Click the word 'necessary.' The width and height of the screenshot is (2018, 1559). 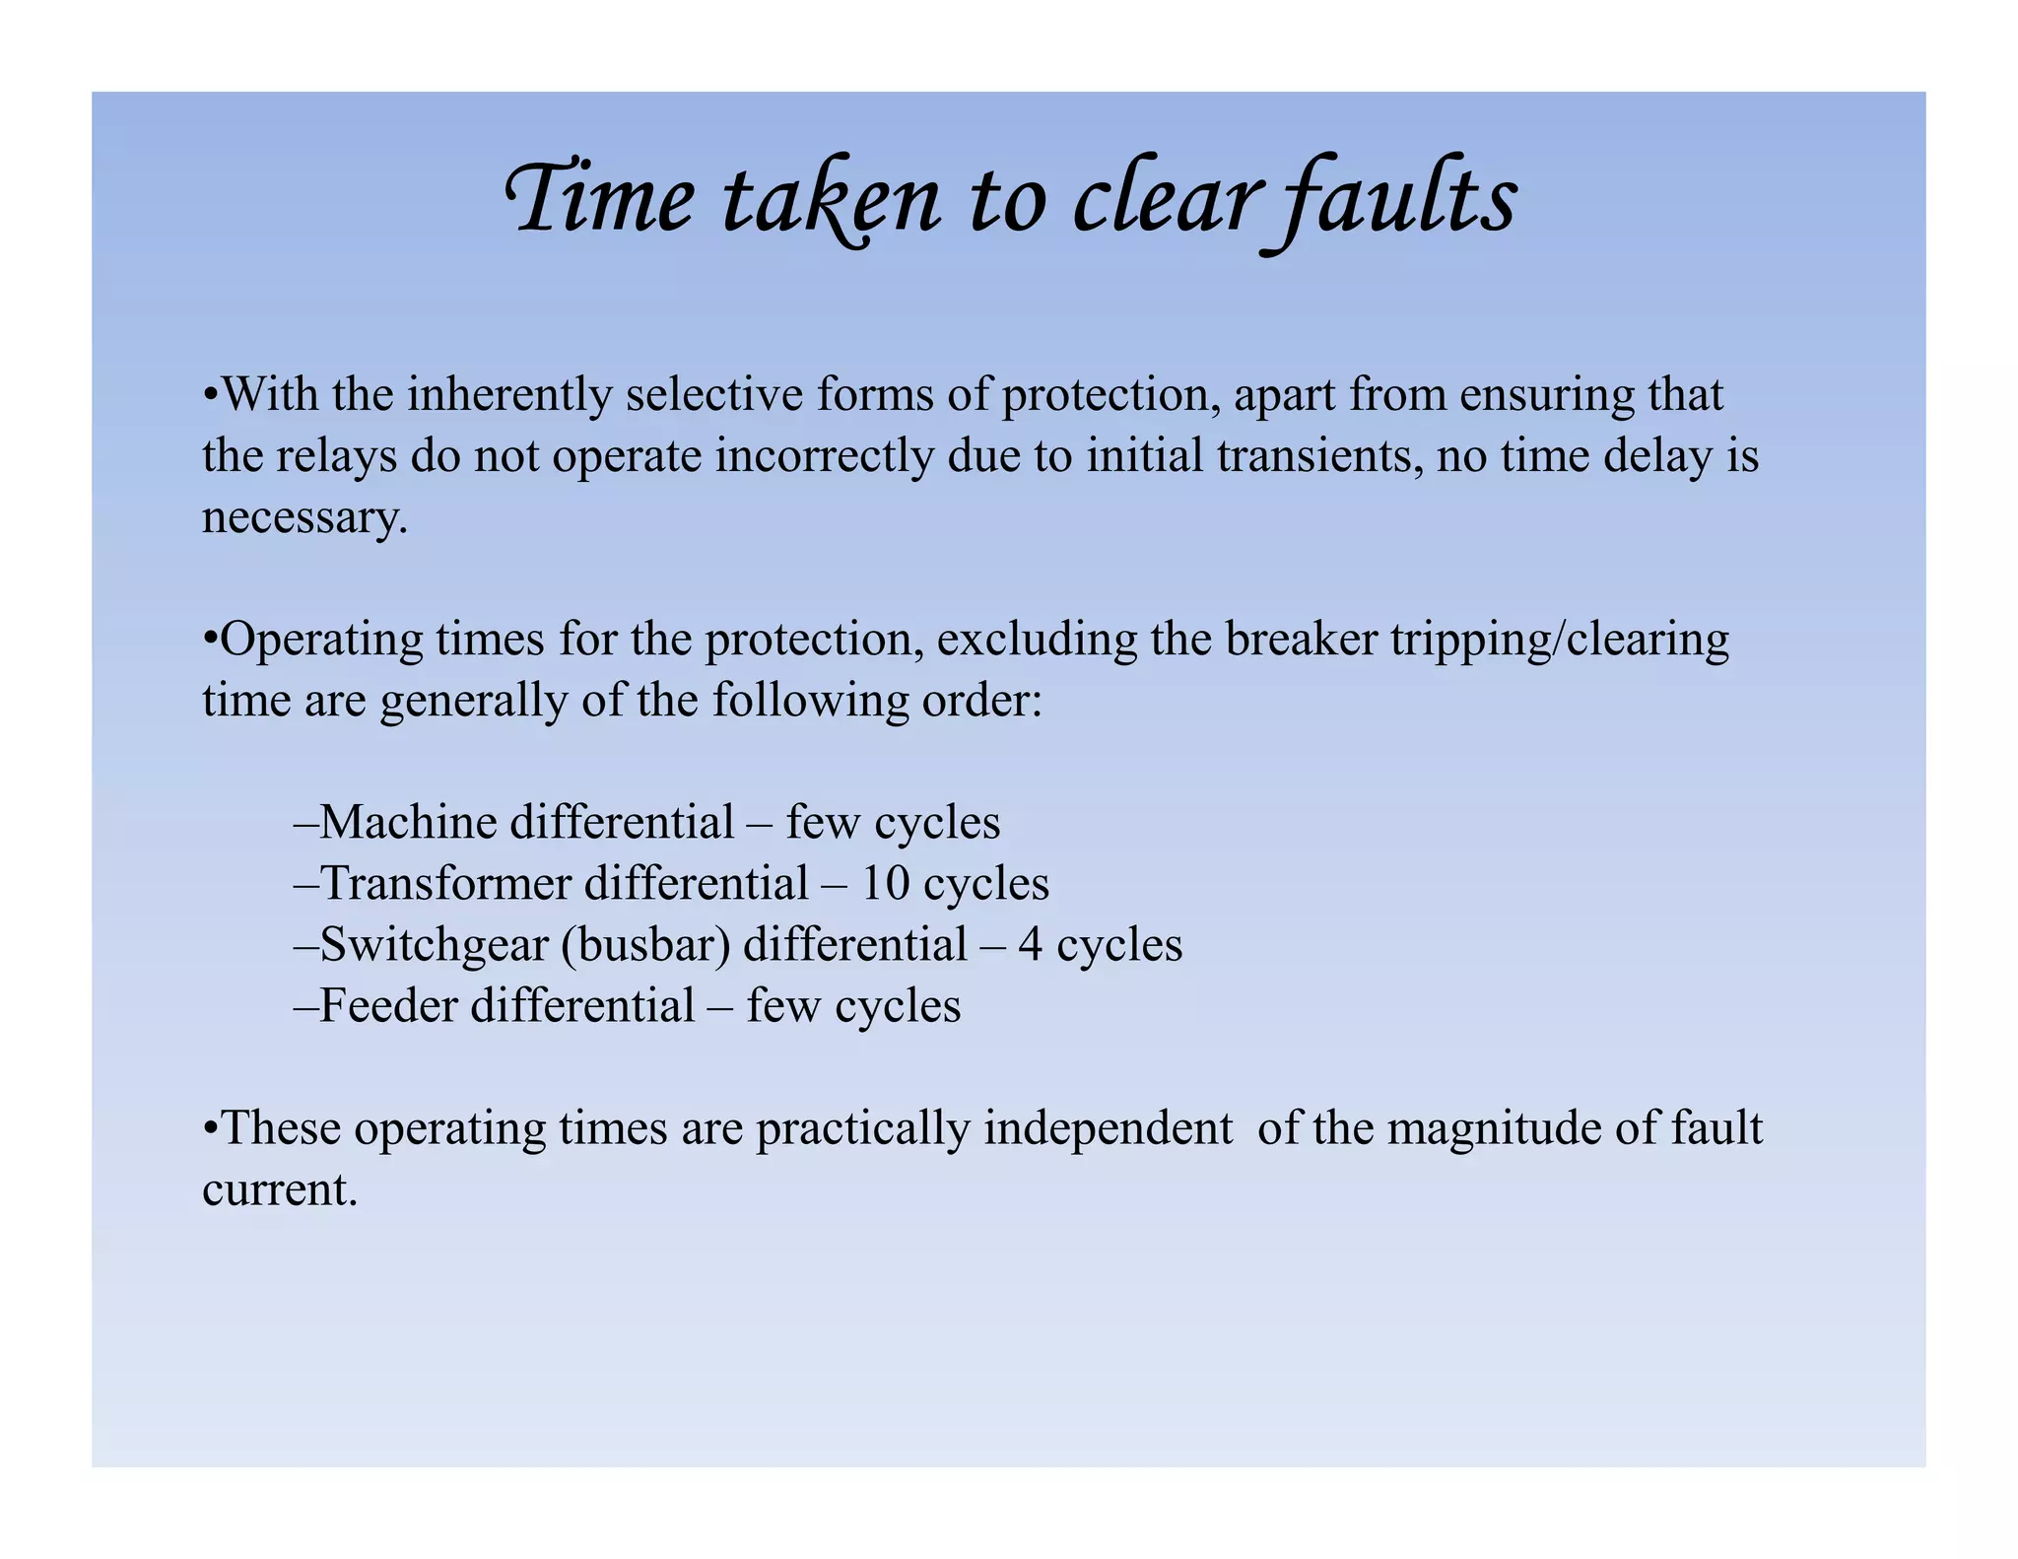(304, 517)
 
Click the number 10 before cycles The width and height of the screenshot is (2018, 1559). (885, 883)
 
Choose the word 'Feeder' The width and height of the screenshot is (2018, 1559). (388, 1005)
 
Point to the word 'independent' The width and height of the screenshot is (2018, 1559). (1108, 1127)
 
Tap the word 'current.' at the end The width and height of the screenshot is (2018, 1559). (280, 1188)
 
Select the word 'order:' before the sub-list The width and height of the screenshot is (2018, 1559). (981, 701)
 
